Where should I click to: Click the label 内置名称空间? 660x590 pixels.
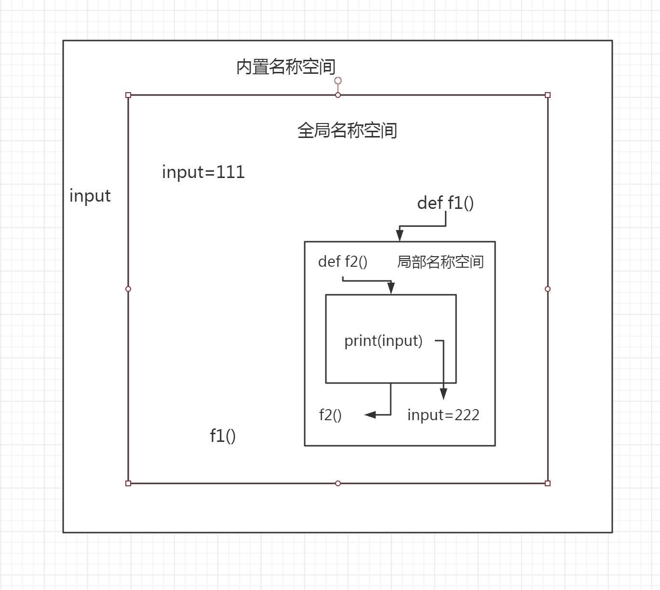(286, 67)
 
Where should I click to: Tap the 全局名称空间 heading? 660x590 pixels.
(347, 130)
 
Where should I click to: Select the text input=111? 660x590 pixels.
(203, 172)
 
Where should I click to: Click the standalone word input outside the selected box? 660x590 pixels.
(90, 196)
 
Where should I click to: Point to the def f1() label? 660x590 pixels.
(445, 203)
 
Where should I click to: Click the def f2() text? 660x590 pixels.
(343, 261)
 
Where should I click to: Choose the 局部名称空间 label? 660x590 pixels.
(440, 262)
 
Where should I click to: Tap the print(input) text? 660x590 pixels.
(383, 341)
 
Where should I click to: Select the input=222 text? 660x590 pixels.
(443, 415)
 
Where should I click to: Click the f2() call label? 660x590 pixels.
(330, 415)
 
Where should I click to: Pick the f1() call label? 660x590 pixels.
(223, 436)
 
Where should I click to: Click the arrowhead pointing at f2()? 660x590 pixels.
(370, 414)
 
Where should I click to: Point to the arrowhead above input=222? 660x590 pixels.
(443, 393)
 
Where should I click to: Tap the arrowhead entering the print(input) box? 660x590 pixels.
(391, 288)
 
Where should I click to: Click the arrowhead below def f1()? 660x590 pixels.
(400, 235)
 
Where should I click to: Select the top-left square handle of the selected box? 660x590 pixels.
(128, 95)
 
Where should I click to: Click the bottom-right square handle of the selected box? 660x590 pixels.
(548, 483)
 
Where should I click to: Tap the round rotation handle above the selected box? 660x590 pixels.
(338, 81)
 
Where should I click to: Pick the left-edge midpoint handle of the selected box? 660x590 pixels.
(128, 289)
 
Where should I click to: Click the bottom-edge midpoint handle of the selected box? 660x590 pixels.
(338, 483)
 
